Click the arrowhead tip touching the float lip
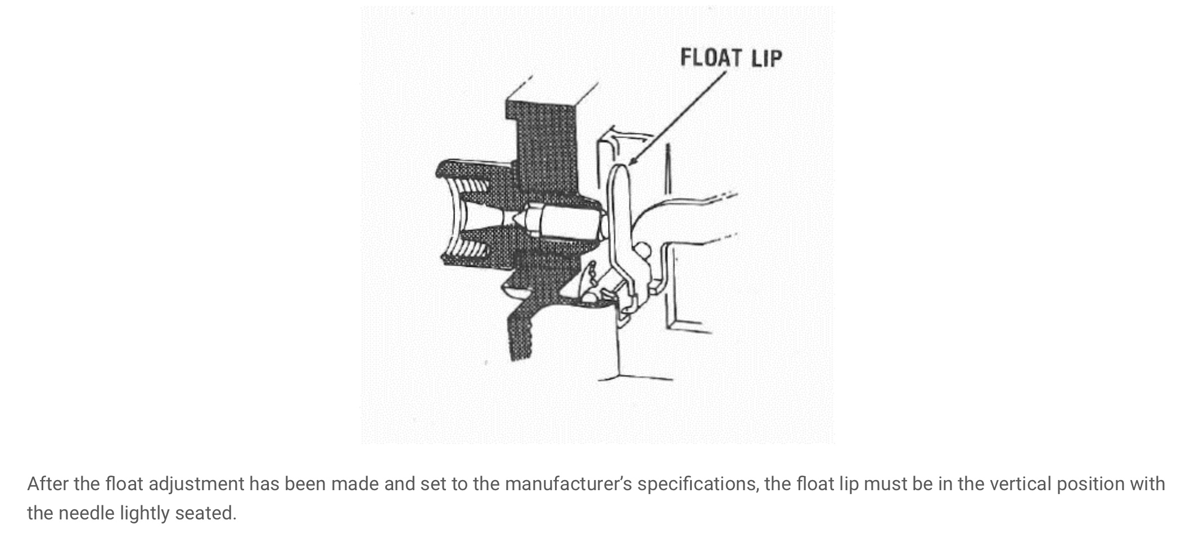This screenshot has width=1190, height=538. pyautogui.click(x=628, y=165)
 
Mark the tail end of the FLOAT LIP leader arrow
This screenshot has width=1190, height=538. pyautogui.click(x=726, y=72)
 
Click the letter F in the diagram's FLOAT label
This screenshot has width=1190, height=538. pyautogui.click(x=686, y=57)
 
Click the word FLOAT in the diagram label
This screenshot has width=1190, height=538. pyautogui.click(x=711, y=57)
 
